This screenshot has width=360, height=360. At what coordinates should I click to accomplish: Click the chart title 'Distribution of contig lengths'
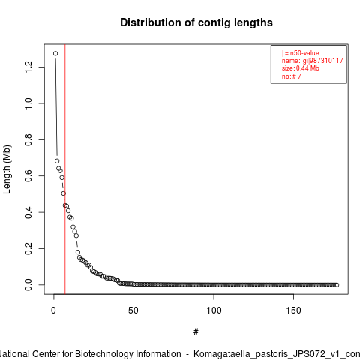coord(196,22)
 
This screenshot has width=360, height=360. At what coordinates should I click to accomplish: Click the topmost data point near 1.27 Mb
coord(55,53)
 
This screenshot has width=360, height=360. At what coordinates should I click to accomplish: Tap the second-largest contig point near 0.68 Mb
coord(57,161)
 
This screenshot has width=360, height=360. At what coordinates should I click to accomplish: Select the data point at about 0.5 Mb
coord(64,193)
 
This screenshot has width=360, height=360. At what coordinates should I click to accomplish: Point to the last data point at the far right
coord(337,285)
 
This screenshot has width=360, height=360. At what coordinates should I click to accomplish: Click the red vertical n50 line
coord(65,169)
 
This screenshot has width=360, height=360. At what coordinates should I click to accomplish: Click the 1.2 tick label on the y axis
coord(28,67)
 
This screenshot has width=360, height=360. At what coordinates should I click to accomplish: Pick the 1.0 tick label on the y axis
coord(28,103)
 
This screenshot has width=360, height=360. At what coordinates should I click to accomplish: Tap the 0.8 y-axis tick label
coord(28,139)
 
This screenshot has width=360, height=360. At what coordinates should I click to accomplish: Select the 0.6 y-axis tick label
coord(28,176)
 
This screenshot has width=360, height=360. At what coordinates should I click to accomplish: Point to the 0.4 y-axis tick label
coord(28,212)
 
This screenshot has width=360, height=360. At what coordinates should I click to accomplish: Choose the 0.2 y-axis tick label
coord(28,248)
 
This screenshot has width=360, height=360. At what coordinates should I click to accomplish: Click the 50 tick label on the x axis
coord(133,310)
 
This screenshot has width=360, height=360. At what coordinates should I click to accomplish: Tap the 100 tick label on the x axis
coord(214,310)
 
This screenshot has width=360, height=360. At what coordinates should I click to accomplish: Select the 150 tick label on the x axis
coord(293,310)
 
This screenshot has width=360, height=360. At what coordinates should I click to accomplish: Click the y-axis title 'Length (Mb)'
coord(7,169)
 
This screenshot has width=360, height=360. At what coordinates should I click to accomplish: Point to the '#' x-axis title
coord(196,332)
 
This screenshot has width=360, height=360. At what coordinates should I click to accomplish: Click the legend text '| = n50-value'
coord(301,53)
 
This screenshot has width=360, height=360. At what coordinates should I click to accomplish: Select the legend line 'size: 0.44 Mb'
coord(301,68)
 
